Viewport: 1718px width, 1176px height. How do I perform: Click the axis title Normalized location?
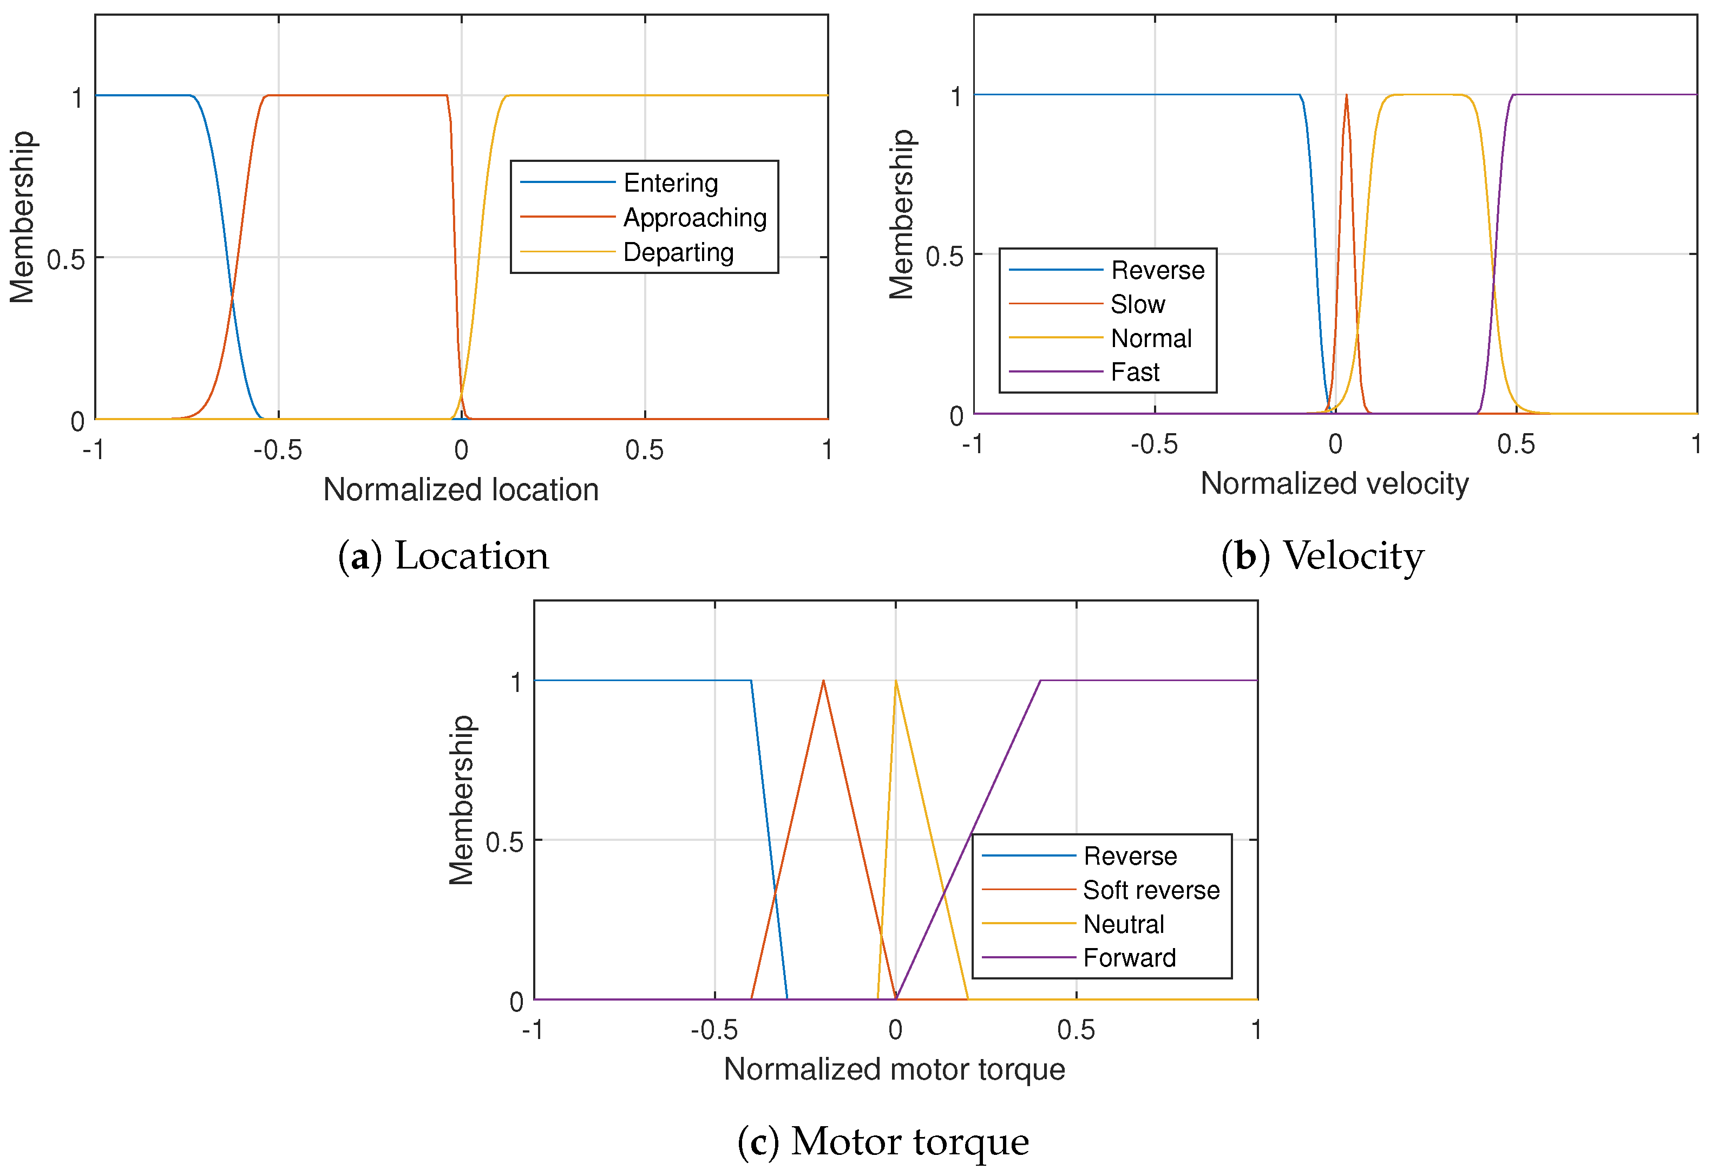[461, 489]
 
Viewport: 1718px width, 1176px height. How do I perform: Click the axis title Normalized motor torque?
[895, 1069]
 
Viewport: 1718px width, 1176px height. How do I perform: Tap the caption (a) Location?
[443, 556]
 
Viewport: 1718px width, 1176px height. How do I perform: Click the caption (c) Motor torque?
[883, 1141]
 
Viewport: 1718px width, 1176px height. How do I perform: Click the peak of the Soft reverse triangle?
[823, 681]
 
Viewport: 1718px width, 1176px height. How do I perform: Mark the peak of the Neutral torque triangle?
[896, 681]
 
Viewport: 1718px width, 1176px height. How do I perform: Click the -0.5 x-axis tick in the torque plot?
[714, 1030]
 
